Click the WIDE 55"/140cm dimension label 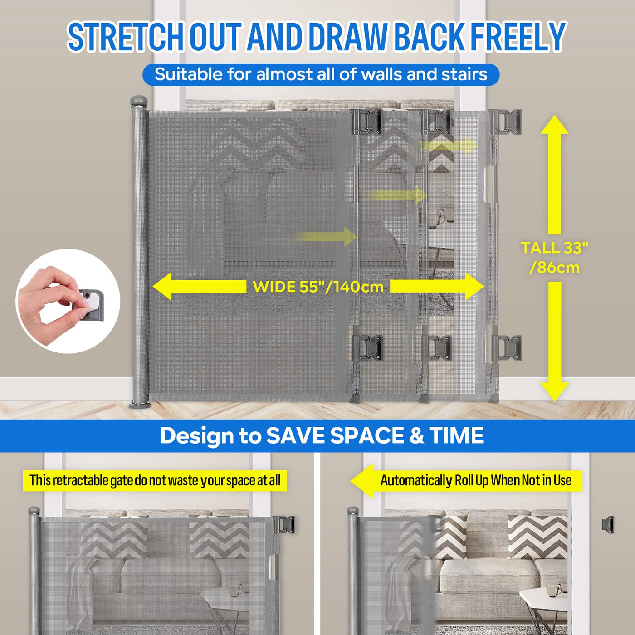click(x=318, y=287)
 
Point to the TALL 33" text click(x=555, y=248)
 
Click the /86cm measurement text click(x=554, y=268)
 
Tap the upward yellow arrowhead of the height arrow click(x=555, y=125)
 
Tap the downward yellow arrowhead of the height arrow click(x=555, y=392)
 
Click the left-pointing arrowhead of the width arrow click(x=162, y=286)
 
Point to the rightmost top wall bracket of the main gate click(x=506, y=122)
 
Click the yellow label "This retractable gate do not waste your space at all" click(x=155, y=480)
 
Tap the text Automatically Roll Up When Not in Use click(x=476, y=480)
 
